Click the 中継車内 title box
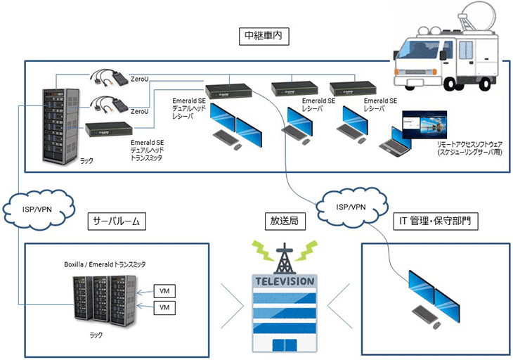(257, 34)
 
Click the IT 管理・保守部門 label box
(434, 221)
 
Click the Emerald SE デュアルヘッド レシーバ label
(188, 109)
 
